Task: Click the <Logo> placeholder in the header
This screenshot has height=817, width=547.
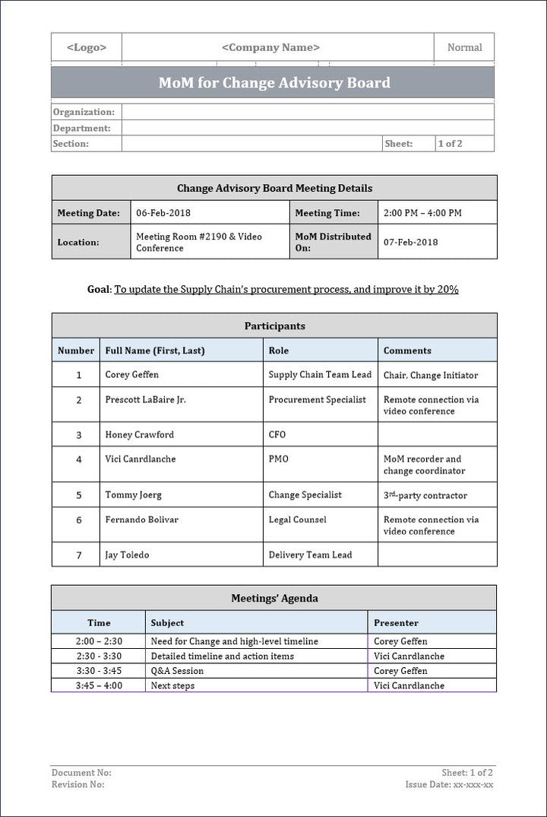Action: pyautogui.click(x=87, y=47)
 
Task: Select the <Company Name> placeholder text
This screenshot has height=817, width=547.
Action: pyautogui.click(x=270, y=47)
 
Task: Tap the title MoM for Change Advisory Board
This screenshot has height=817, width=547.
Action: pyautogui.click(x=273, y=83)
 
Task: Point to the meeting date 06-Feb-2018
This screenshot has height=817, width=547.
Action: pyautogui.click(x=163, y=213)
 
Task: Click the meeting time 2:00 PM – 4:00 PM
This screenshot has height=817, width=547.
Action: pyautogui.click(x=422, y=213)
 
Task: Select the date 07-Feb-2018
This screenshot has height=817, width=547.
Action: pyautogui.click(x=410, y=242)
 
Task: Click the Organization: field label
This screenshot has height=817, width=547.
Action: pyautogui.click(x=84, y=112)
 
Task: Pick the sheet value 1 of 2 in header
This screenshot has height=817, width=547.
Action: pyautogui.click(x=450, y=143)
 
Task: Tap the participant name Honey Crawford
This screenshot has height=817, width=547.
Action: pyautogui.click(x=139, y=434)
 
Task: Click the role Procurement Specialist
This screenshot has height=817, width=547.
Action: pyautogui.click(x=317, y=399)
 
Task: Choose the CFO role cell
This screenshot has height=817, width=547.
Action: pyautogui.click(x=277, y=434)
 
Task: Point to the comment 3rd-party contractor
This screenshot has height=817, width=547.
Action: pyautogui.click(x=425, y=495)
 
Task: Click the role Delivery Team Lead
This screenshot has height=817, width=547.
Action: pyautogui.click(x=310, y=555)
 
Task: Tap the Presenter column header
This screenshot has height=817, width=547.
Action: pyautogui.click(x=396, y=622)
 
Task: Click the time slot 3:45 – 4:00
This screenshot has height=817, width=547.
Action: pyautogui.click(x=99, y=685)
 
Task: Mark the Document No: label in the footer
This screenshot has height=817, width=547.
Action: pyautogui.click(x=81, y=773)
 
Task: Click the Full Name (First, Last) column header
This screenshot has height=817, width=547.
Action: pyautogui.click(x=155, y=351)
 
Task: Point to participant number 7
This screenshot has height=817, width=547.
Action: pyautogui.click(x=78, y=555)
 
